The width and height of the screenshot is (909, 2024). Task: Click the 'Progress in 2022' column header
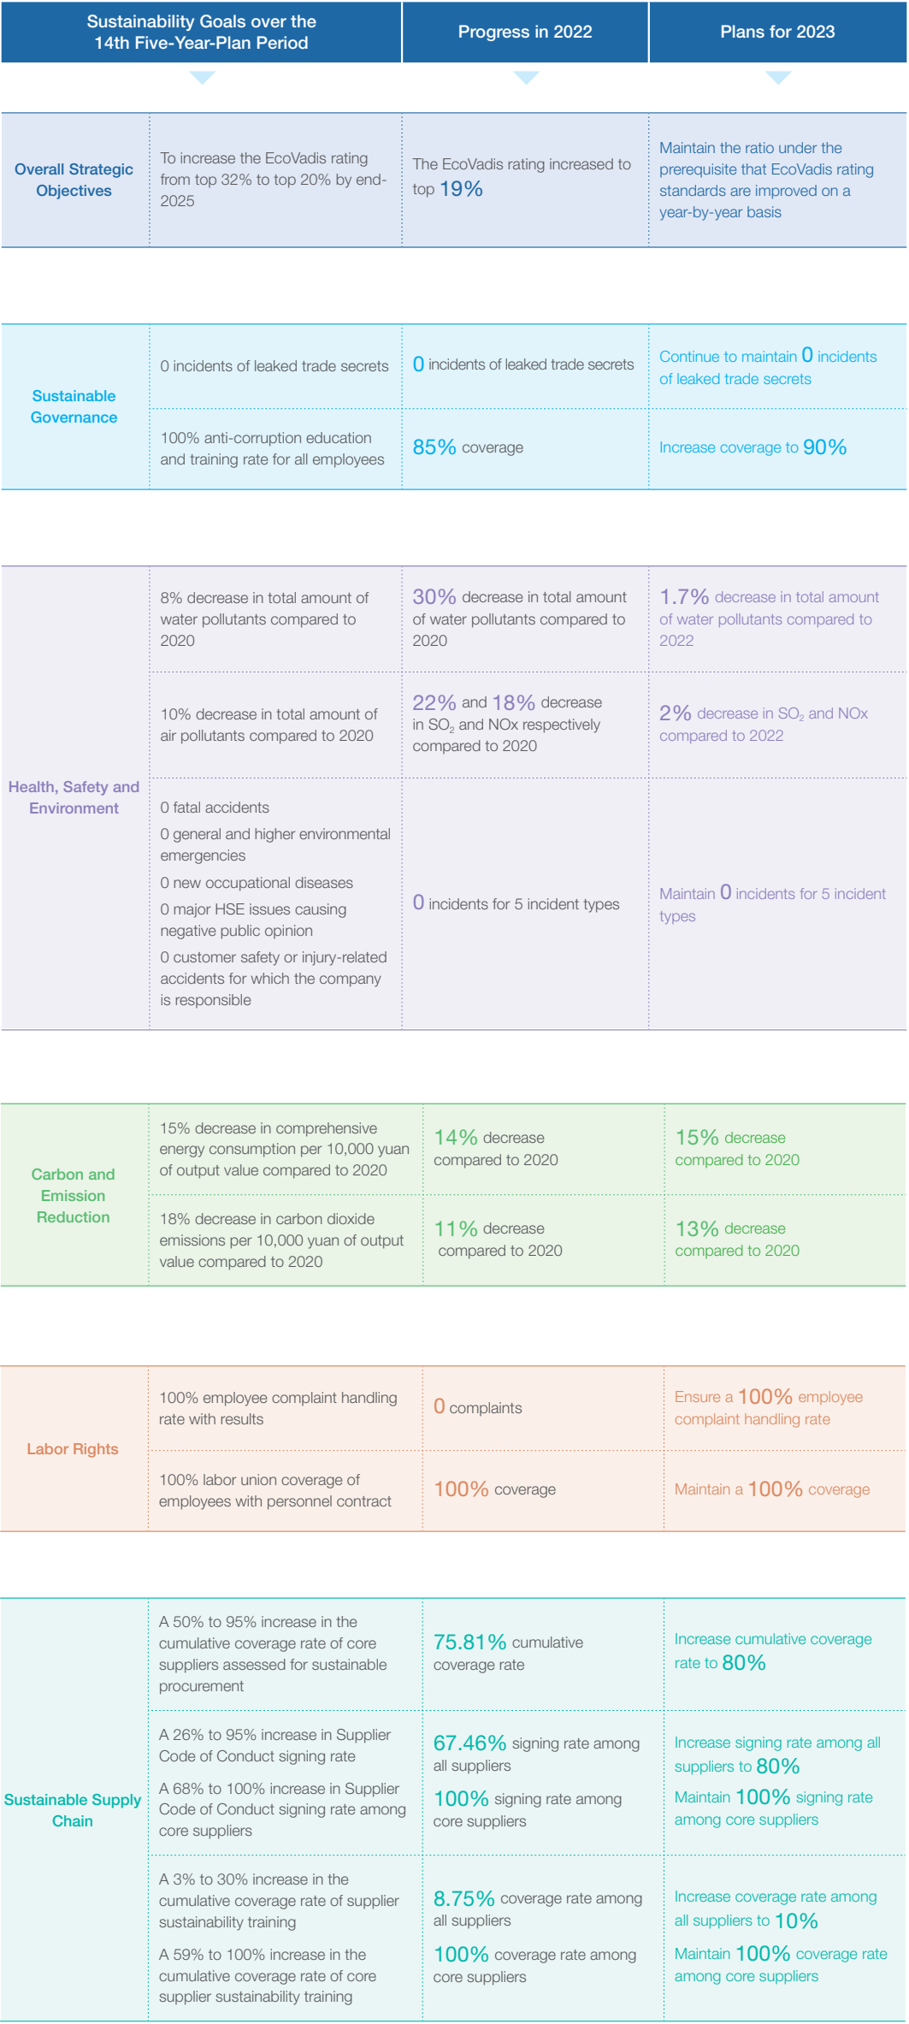coord(525,33)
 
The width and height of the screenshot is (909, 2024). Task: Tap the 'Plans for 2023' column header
coord(777,33)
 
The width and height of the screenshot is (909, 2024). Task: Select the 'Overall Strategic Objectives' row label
coord(74,181)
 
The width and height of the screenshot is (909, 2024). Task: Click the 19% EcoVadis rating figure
coord(462,189)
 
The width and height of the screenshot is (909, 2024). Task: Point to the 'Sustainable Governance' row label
coord(74,406)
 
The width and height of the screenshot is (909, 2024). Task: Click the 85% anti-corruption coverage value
coord(434,447)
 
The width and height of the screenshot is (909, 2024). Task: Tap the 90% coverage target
coord(824,447)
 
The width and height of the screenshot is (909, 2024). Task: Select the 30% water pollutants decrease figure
coord(434,597)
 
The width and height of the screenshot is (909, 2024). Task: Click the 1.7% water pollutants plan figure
coord(684,597)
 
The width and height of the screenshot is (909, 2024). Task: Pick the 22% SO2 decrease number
coord(434,703)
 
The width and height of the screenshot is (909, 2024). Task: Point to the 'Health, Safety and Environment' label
coord(74,797)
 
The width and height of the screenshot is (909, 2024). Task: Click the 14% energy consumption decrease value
coord(455,1138)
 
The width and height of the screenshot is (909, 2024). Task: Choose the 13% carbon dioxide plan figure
coord(697,1229)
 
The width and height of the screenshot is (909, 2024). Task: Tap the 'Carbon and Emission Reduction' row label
coord(74,1196)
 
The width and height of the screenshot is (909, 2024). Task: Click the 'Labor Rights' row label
coord(73,1449)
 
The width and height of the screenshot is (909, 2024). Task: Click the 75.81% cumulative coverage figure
coord(469,1642)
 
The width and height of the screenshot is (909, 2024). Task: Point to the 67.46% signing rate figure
coord(469,1743)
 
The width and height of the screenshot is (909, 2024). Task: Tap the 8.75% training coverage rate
coord(463,1899)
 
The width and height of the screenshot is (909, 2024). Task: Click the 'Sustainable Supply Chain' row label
coord(73,1810)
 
